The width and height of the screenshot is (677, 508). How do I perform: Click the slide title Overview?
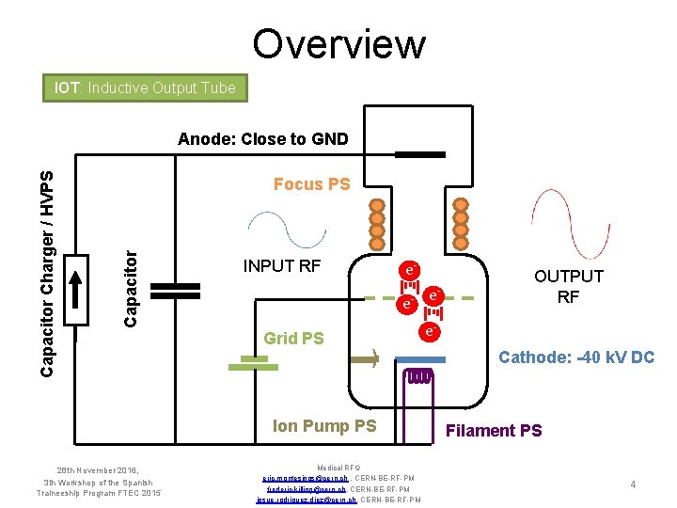[x=338, y=43]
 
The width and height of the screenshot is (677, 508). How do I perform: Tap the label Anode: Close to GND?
[x=262, y=139]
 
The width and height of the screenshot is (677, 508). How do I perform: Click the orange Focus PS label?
[x=311, y=184]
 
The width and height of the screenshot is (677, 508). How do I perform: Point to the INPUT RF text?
[x=282, y=266]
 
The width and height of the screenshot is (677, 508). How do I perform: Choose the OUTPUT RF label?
[x=568, y=287]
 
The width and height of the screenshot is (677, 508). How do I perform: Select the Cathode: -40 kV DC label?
[x=575, y=357]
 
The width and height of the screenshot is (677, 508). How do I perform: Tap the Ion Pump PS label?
[x=323, y=426]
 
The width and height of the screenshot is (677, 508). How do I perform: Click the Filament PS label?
[x=494, y=431]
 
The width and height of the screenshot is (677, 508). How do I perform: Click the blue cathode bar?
[x=419, y=359]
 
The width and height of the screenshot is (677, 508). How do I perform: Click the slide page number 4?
[x=634, y=484]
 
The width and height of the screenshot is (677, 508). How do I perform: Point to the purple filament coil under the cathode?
[x=418, y=377]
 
